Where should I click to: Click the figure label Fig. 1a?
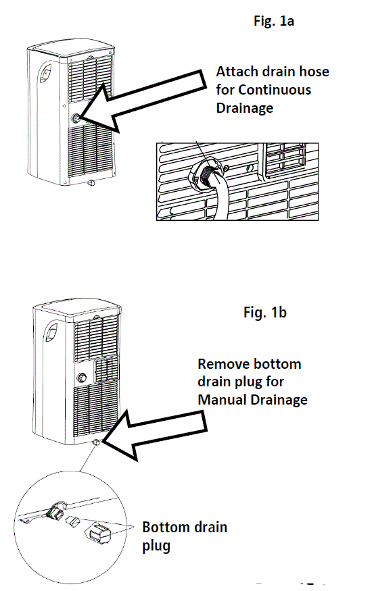coord(273,20)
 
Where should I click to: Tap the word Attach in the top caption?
coord(236,72)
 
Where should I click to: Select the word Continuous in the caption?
coord(273,90)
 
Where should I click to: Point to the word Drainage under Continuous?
coord(244,108)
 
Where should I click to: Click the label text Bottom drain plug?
coord(184,536)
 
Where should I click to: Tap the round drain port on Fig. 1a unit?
coord(76,117)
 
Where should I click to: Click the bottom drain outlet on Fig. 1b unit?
coord(97,443)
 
